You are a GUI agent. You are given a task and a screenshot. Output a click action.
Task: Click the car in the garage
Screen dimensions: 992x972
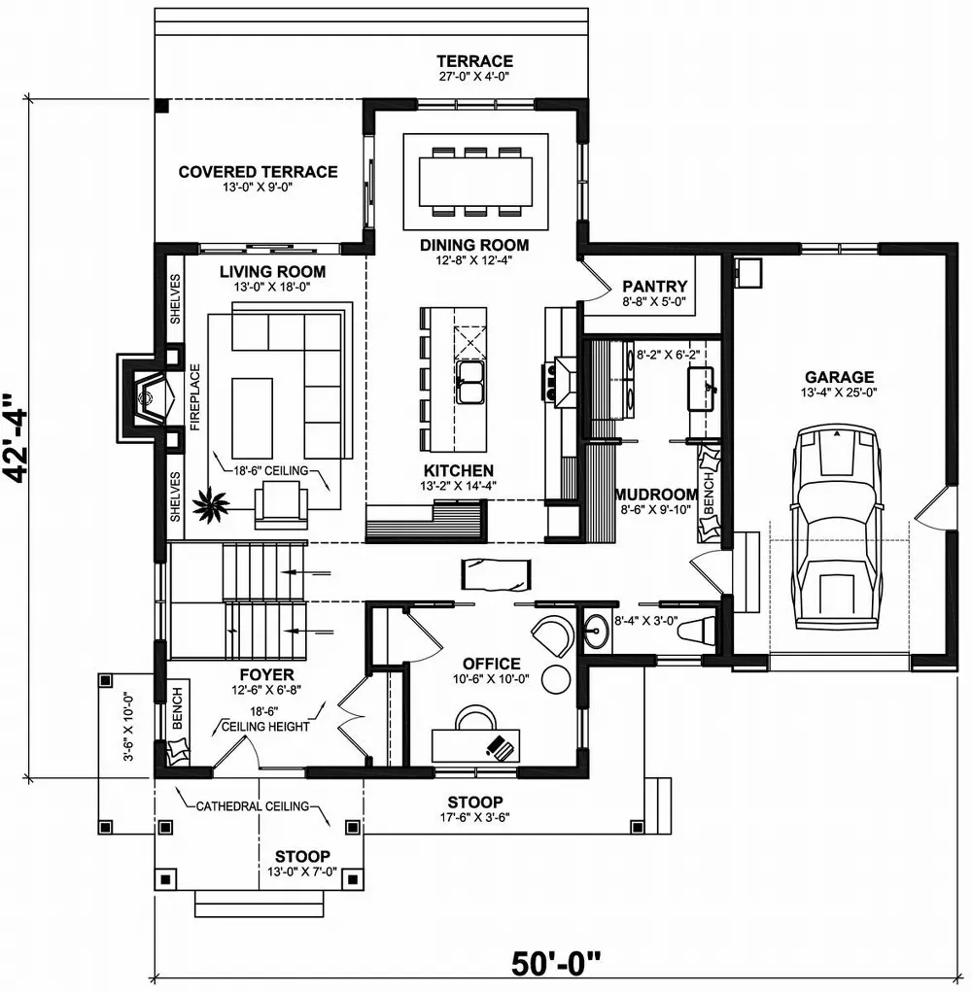[x=836, y=530]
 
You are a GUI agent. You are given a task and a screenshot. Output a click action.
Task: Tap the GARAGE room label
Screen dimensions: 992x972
[x=839, y=377]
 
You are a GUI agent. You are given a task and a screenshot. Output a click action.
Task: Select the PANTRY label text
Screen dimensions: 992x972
[x=654, y=287]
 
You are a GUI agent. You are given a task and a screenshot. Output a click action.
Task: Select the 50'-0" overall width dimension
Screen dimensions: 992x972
[x=556, y=965]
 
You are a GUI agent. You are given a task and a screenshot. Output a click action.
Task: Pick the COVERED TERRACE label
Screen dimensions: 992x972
[x=258, y=172]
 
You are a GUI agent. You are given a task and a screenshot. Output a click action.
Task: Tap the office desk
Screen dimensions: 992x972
[x=476, y=745]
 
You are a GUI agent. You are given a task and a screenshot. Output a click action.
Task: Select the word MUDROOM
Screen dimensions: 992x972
[x=656, y=494]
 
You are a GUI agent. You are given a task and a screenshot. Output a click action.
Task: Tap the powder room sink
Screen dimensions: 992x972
[x=596, y=633]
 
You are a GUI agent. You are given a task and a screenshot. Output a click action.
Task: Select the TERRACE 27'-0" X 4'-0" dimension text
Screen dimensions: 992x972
[x=473, y=75]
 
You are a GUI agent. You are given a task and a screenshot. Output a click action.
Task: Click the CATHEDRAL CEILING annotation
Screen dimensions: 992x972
[x=253, y=806]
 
